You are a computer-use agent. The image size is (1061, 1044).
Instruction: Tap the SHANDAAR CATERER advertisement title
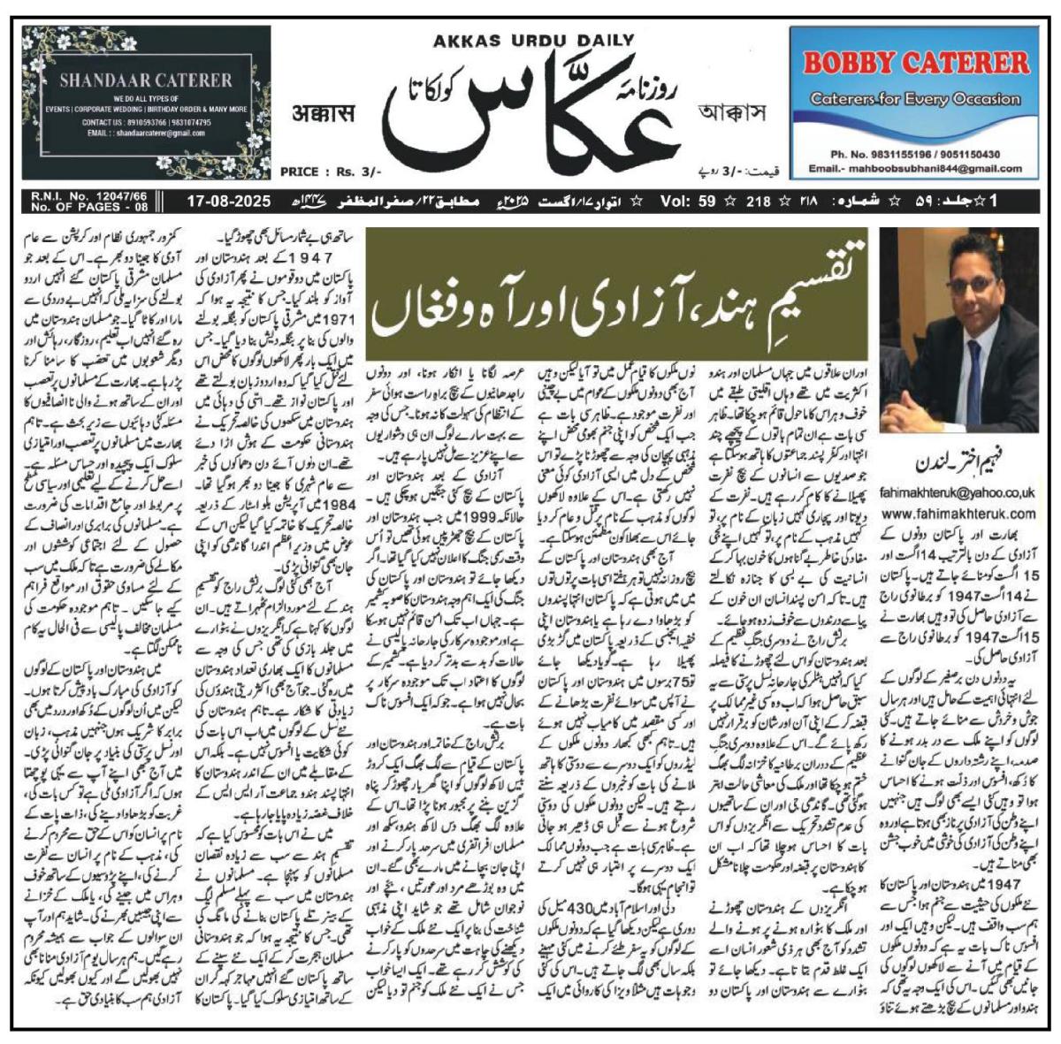tap(145, 80)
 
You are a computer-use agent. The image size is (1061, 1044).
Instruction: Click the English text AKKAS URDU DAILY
tap(533, 39)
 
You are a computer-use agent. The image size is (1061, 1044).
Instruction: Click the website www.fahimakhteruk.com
tap(958, 513)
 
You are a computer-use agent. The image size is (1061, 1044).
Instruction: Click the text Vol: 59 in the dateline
tap(687, 202)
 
